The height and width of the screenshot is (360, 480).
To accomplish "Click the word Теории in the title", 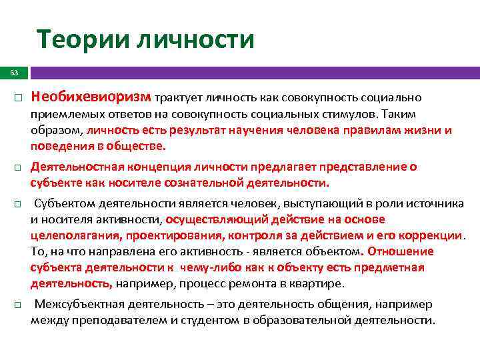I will click(x=82, y=40).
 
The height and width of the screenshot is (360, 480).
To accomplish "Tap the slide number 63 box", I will click(x=12, y=71).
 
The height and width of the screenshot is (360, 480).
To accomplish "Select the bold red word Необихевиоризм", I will click(x=91, y=98).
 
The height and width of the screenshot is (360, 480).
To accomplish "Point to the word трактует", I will click(x=178, y=99).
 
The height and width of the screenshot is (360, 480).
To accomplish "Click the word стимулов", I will click(x=343, y=114).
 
